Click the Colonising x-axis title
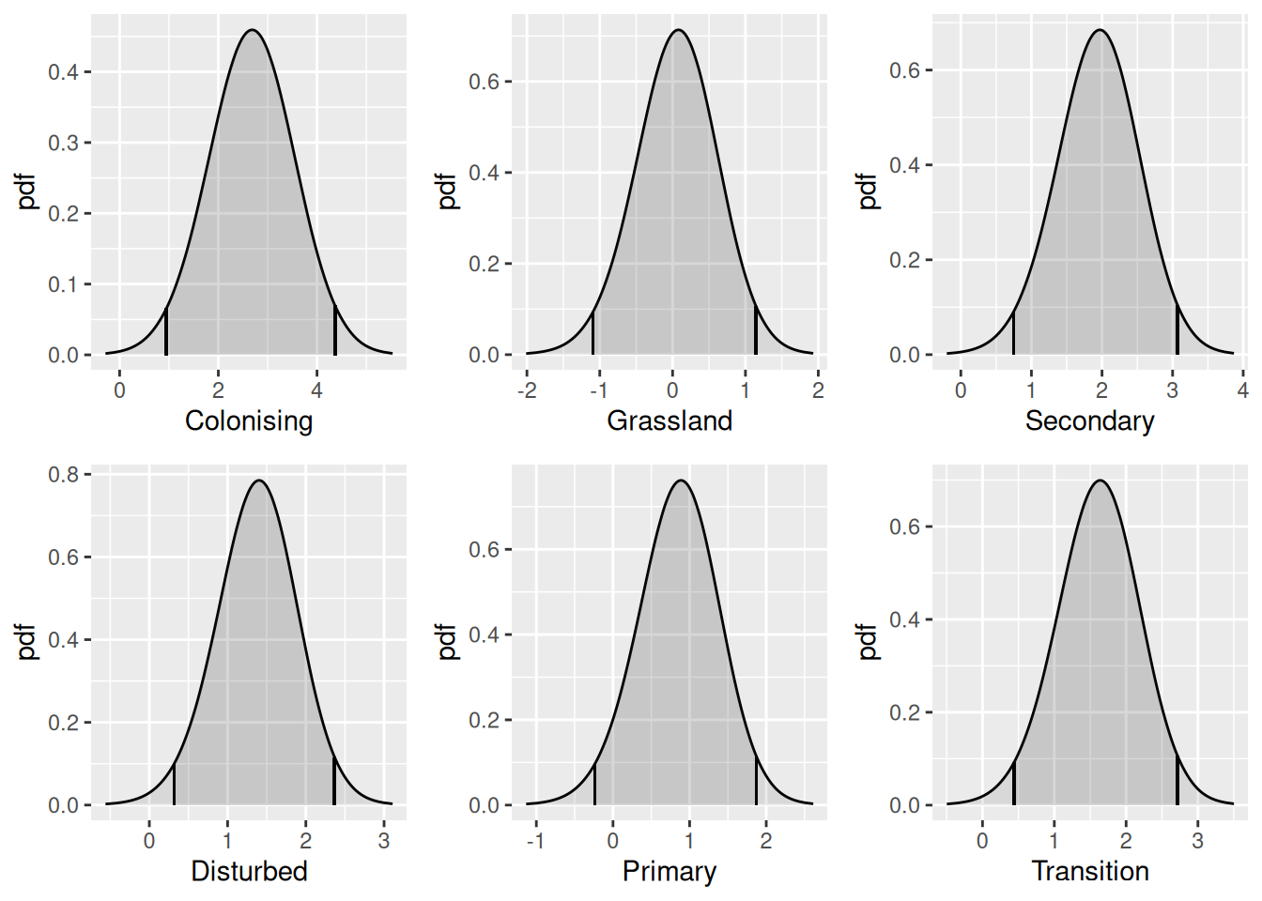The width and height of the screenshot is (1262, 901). click(x=249, y=420)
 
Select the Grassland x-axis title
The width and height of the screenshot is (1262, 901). click(x=669, y=420)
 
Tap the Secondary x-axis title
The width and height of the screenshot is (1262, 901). click(x=1089, y=420)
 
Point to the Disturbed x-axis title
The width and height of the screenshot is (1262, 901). click(x=249, y=871)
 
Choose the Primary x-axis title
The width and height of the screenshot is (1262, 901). click(x=669, y=871)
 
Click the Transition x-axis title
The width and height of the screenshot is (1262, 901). click(x=1090, y=871)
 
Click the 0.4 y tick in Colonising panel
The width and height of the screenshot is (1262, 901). click(x=64, y=72)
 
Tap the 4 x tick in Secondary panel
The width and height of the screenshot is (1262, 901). click(x=1242, y=390)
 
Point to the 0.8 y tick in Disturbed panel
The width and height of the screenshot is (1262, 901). click(x=64, y=475)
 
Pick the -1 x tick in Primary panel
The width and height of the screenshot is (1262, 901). click(x=535, y=841)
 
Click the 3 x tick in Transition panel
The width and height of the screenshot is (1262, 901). click(x=1197, y=841)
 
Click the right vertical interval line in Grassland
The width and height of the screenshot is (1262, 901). click(x=756, y=329)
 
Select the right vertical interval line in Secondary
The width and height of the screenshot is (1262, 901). click(x=1177, y=329)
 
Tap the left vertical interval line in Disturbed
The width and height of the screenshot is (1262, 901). click(x=174, y=785)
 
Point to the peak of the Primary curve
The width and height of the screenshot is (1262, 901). click(x=681, y=481)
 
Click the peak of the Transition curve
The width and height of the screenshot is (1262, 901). click(x=1099, y=481)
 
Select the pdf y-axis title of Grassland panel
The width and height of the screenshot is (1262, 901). click(x=448, y=191)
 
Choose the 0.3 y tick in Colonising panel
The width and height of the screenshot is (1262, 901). click(x=64, y=143)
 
